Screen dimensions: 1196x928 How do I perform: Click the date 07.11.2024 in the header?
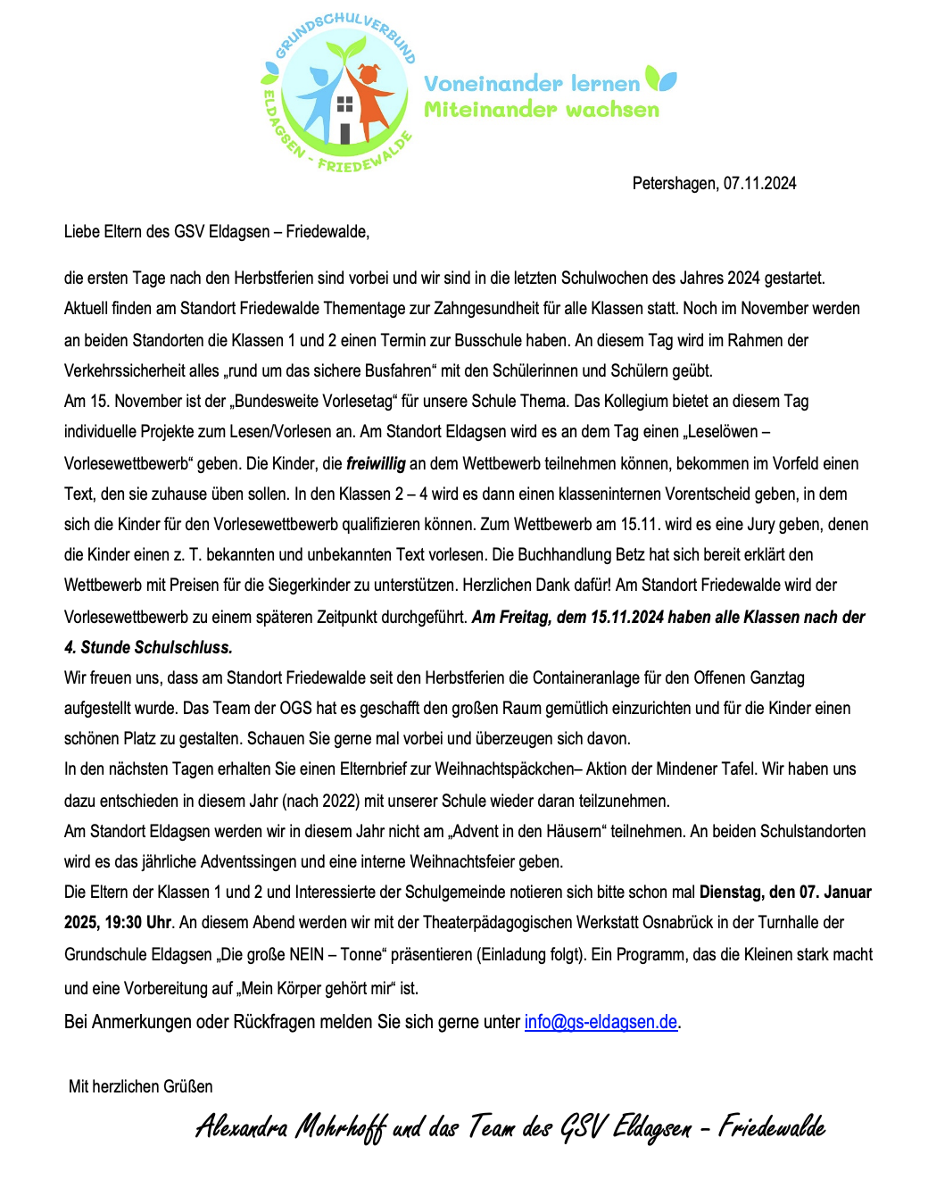759,183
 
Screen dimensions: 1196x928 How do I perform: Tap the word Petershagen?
674,183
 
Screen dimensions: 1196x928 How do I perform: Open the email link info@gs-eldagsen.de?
601,1022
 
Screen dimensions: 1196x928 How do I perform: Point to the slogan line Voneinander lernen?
532,84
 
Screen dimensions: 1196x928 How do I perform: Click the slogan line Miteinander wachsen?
542,110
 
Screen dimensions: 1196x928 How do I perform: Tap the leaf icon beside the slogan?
661,79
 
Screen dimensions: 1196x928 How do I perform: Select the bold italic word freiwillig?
376,463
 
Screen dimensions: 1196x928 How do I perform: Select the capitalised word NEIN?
306,954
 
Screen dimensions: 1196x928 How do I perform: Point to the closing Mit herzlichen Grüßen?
141,1086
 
